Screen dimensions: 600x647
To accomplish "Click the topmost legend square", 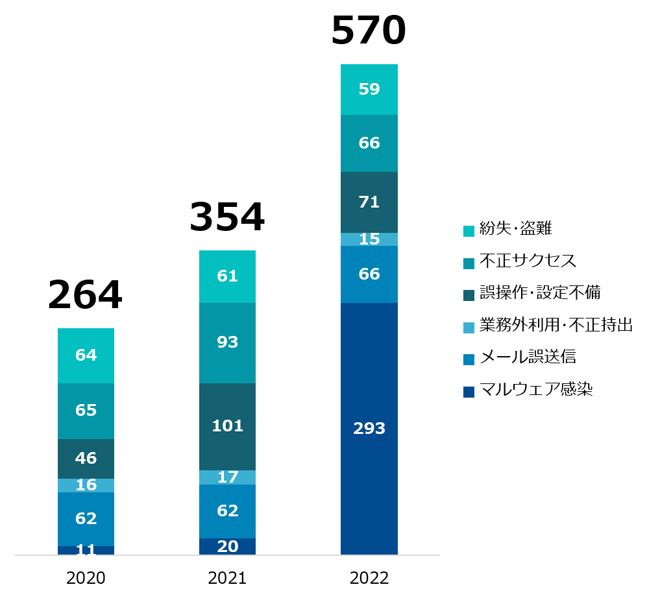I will (x=469, y=232).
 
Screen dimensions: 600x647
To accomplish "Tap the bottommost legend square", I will (x=469, y=392).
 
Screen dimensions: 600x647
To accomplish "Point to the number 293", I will (x=369, y=429).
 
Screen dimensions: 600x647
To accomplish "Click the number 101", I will (x=227, y=426).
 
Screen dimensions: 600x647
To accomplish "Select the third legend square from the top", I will (x=469, y=296).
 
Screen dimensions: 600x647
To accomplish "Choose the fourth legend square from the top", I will (x=469, y=328).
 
